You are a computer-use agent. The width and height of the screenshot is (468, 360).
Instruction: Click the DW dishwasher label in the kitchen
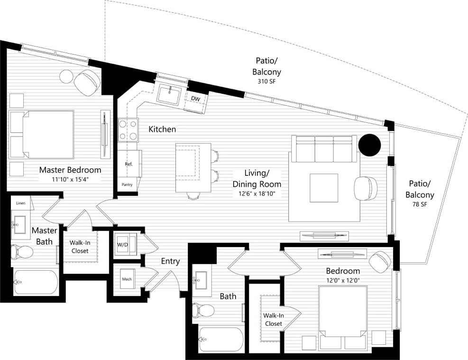click(195, 99)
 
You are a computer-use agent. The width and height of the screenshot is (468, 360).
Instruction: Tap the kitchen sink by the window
click(168, 93)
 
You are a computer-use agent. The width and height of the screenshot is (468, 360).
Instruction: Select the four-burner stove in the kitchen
click(128, 130)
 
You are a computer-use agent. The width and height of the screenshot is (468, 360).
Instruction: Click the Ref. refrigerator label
click(128, 164)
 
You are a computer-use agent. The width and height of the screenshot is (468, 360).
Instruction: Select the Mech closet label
click(127, 279)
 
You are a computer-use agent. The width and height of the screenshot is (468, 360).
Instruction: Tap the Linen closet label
click(20, 203)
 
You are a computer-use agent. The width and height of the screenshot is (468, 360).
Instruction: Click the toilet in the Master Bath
click(22, 251)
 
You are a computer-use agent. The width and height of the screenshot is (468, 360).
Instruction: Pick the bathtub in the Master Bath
click(36, 283)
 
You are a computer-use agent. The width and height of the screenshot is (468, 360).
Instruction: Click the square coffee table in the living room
click(324, 188)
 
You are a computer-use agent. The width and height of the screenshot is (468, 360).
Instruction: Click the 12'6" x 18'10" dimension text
click(256, 194)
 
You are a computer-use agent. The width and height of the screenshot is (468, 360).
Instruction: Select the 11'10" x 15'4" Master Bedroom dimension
click(70, 179)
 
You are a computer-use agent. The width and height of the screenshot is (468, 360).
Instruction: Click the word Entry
click(170, 261)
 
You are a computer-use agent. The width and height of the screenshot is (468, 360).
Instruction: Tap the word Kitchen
click(162, 129)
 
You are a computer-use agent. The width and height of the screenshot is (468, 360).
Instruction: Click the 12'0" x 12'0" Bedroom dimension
click(342, 281)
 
